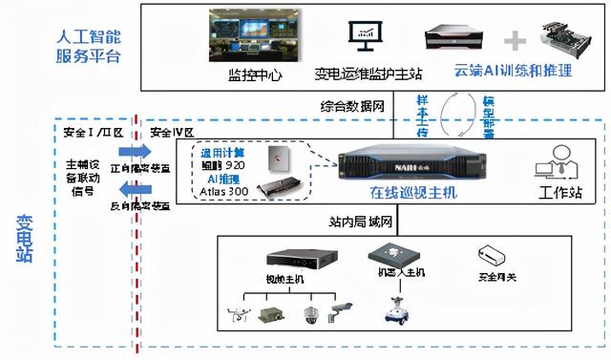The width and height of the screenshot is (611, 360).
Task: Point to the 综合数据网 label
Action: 353,107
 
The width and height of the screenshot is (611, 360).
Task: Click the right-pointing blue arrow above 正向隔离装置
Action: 136,152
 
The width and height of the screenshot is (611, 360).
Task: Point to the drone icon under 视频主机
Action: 239,311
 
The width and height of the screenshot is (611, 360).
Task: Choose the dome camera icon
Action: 308,313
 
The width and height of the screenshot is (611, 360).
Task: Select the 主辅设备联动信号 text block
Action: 84,177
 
